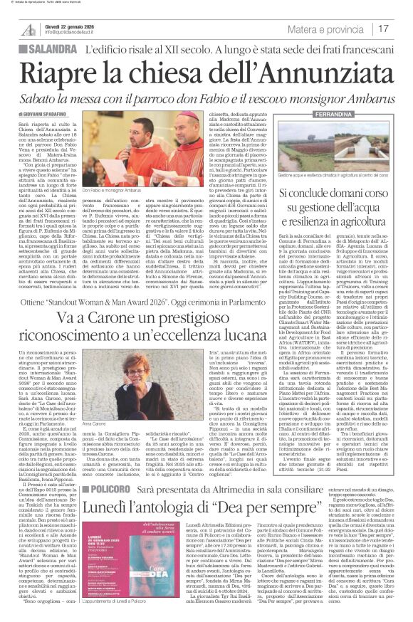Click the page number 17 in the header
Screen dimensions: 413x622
402,28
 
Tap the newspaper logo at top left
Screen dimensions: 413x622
28,28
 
